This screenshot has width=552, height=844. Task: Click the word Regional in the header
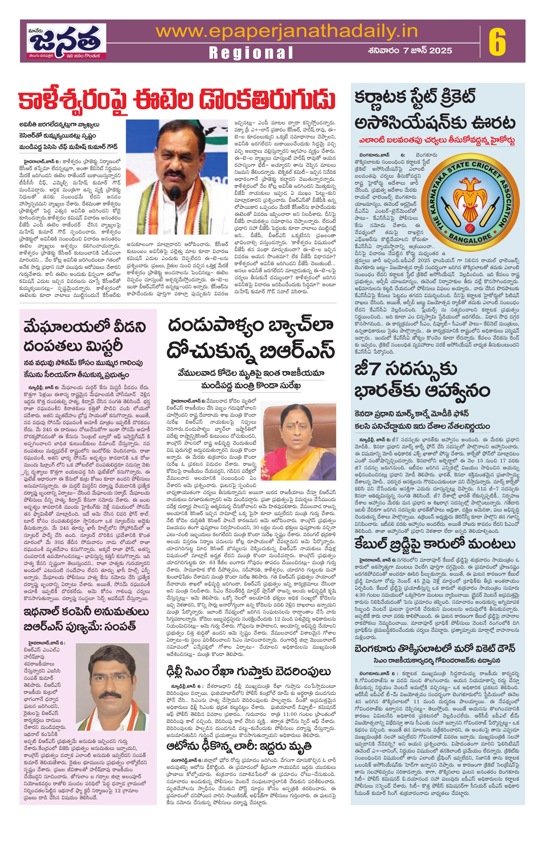[251, 53]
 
